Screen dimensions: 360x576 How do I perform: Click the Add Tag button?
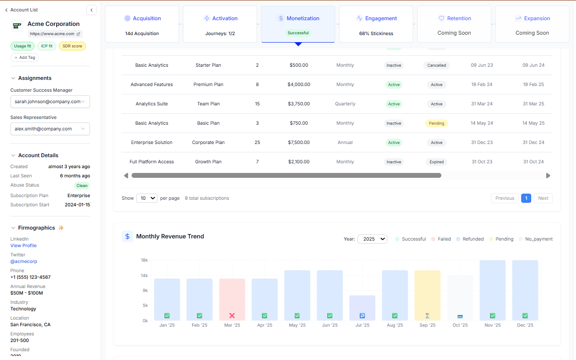pyautogui.click(x=25, y=58)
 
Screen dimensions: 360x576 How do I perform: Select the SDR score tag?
pyautogui.click(x=72, y=46)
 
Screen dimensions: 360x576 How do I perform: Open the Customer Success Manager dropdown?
pyautogui.click(x=50, y=101)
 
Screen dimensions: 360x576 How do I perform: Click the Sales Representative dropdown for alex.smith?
pyautogui.click(x=50, y=129)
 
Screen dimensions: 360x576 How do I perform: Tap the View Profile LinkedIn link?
pyautogui.click(x=24, y=245)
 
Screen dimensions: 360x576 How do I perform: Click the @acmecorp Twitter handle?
pyautogui.click(x=24, y=261)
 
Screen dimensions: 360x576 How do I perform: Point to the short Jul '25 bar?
pyautogui.click(x=362, y=308)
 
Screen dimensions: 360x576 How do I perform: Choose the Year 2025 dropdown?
pyautogui.click(x=372, y=239)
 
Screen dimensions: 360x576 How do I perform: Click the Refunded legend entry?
pyautogui.click(x=470, y=239)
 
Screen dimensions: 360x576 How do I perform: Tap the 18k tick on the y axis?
pyautogui.click(x=144, y=260)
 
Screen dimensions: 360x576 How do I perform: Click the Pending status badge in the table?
pyautogui.click(x=436, y=123)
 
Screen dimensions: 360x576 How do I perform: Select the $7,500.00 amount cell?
pyautogui.click(x=299, y=142)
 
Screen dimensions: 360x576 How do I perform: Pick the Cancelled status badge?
pyautogui.click(x=436, y=65)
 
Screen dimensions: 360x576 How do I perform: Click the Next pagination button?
pyautogui.click(x=543, y=198)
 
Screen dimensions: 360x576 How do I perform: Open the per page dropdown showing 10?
pyautogui.click(x=147, y=198)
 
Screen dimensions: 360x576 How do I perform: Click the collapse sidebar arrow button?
pyautogui.click(x=91, y=10)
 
